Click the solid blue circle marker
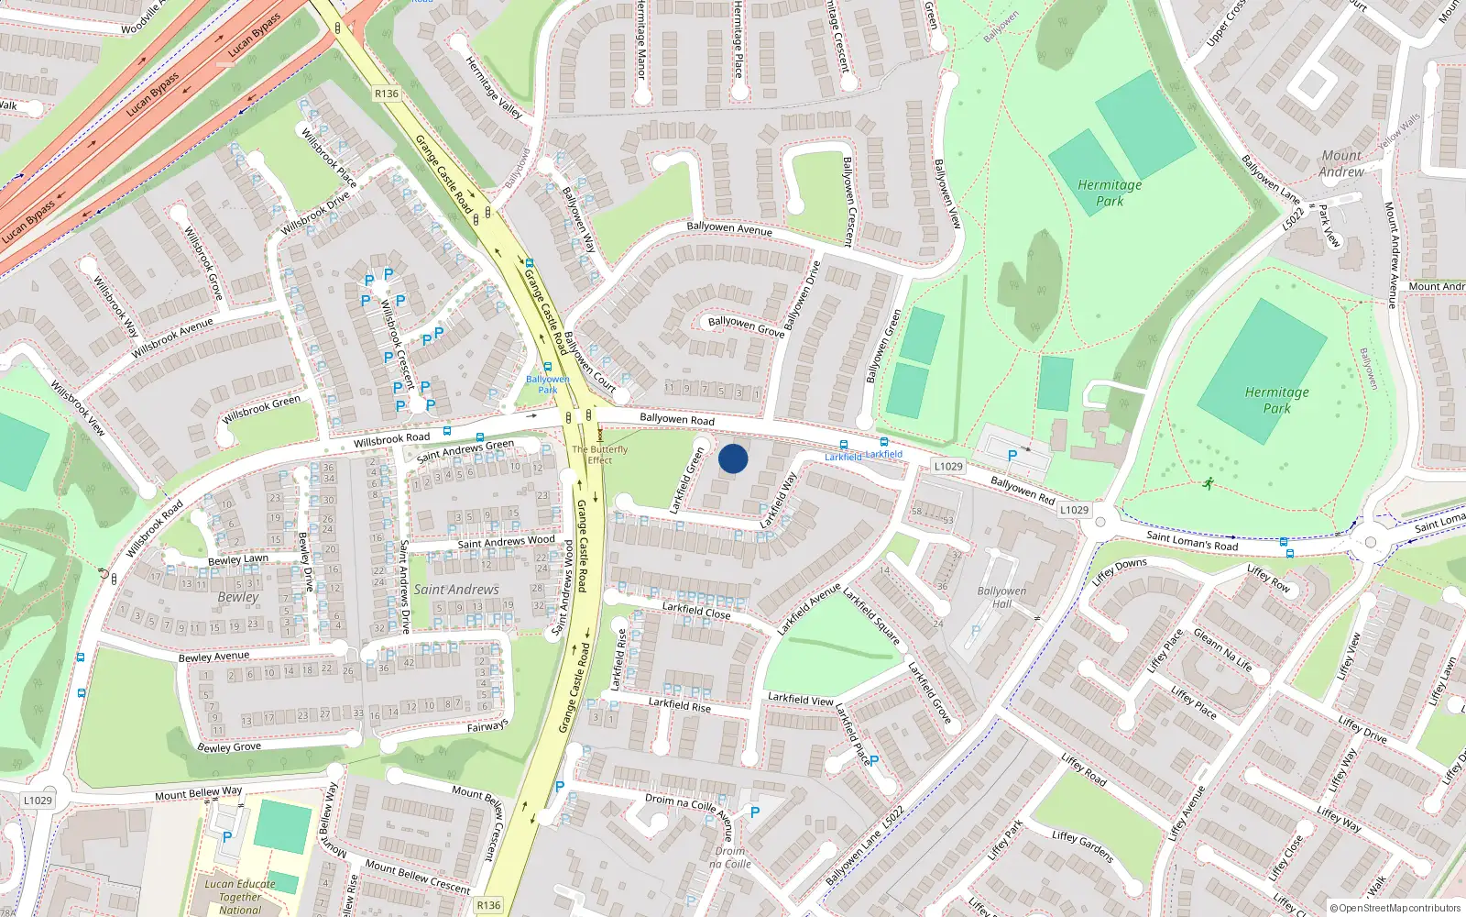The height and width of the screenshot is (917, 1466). point(733,458)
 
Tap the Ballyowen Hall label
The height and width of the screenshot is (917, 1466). point(1001,597)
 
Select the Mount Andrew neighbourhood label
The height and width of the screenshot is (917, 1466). point(1341,163)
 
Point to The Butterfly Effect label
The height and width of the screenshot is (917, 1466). point(600,455)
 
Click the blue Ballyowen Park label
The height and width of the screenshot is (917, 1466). point(548,384)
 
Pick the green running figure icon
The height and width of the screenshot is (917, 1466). point(1209,483)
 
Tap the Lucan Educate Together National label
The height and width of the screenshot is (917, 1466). point(240,897)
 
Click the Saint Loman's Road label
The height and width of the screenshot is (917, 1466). point(1192,541)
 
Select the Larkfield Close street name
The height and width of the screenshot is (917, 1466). point(696,611)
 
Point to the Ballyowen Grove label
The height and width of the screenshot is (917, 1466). point(746,326)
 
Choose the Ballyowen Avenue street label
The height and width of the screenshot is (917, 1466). point(729,227)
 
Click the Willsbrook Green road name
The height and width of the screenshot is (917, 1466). point(261,409)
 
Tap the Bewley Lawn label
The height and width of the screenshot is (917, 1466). point(238,559)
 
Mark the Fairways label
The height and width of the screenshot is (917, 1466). point(487,726)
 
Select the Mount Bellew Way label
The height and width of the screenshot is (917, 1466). point(199,793)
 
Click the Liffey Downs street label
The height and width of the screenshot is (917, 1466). point(1120,570)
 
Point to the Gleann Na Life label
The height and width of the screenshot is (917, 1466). point(1222,650)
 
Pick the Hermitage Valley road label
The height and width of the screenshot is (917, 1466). point(494,88)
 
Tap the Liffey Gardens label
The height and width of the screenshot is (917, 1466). point(1083,846)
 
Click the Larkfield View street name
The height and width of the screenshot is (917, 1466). point(801,699)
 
